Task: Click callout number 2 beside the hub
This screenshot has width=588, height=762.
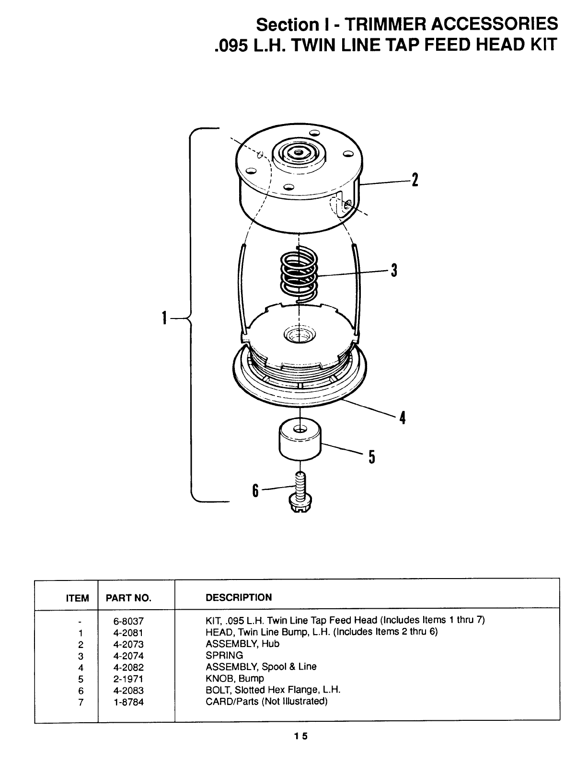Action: [x=415, y=180]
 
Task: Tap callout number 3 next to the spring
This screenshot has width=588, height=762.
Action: [x=394, y=271]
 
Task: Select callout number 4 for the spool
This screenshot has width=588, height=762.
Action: [x=403, y=418]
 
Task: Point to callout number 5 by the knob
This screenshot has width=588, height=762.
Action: [x=372, y=457]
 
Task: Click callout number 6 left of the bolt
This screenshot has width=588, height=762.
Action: [x=255, y=490]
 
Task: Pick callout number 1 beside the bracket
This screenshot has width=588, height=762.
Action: [x=164, y=318]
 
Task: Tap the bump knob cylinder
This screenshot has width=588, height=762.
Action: [x=300, y=440]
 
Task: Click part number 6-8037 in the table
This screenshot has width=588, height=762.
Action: [x=128, y=621]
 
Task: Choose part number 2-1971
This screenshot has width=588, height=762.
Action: [x=128, y=679]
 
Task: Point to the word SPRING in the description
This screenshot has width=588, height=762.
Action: [x=224, y=655]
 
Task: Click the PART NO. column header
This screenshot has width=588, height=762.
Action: [x=128, y=598]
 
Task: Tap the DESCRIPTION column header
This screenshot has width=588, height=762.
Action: [x=239, y=597]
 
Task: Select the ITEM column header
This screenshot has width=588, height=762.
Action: [x=77, y=598]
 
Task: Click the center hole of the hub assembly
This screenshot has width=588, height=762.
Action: [x=299, y=152]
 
